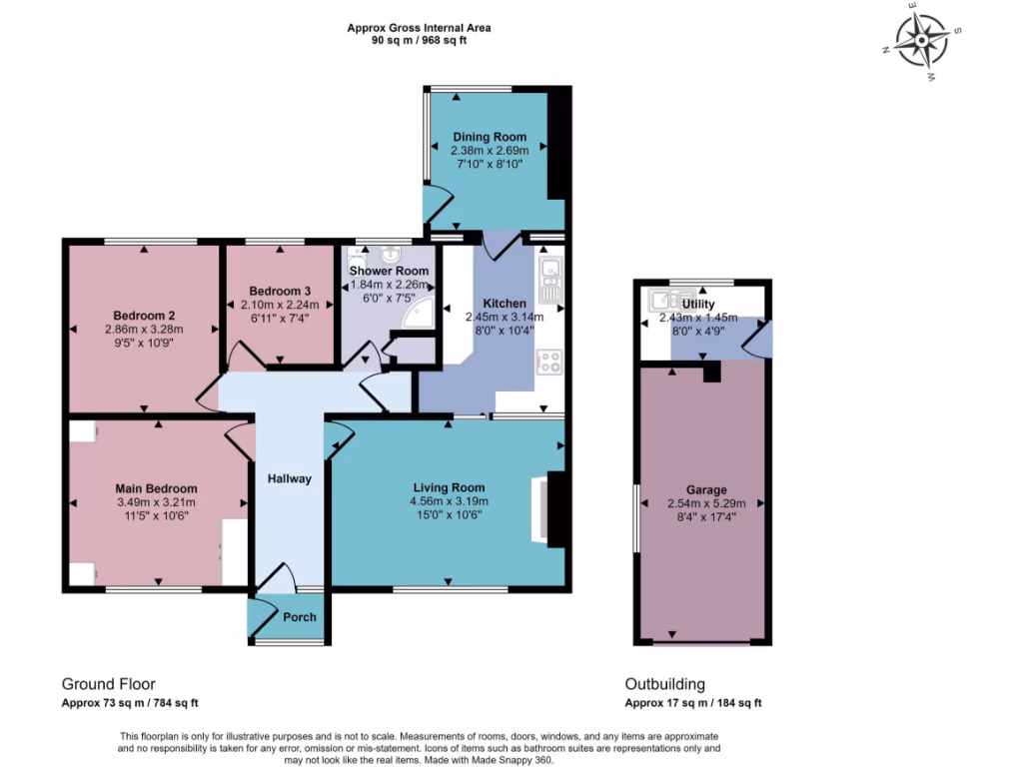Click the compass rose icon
pyautogui.click(x=921, y=41)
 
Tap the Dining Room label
pyautogui.click(x=489, y=137)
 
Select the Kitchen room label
pyautogui.click(x=505, y=303)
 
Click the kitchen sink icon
pyautogui.click(x=549, y=281)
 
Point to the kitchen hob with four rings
pyautogui.click(x=549, y=362)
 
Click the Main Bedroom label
pyautogui.click(x=156, y=488)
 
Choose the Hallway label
pyautogui.click(x=289, y=478)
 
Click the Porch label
pyautogui.click(x=300, y=617)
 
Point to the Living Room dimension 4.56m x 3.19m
pyautogui.click(x=447, y=501)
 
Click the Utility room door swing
pyautogui.click(x=757, y=340)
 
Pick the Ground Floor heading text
pyautogui.click(x=108, y=684)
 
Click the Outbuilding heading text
pyautogui.click(x=664, y=684)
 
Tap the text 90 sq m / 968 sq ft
pyautogui.click(x=419, y=41)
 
